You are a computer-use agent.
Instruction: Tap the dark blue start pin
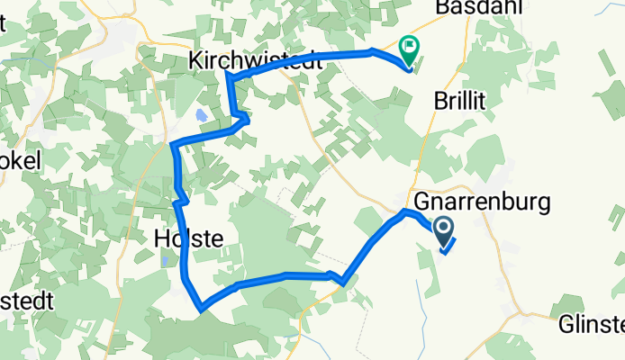click(445, 229)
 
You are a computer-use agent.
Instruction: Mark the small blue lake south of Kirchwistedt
click(200, 116)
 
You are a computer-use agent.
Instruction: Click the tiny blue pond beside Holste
click(167, 262)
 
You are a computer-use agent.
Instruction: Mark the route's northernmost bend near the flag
click(373, 50)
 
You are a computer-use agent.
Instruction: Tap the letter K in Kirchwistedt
click(195, 61)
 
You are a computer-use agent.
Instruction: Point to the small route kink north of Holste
click(184, 196)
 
